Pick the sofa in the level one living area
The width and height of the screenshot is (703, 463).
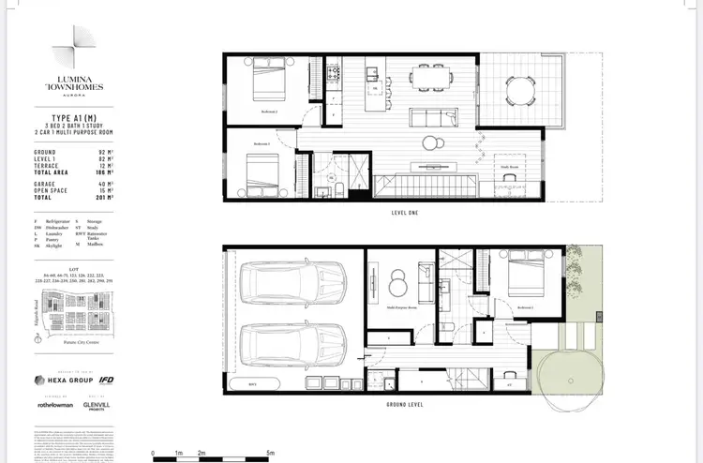pyautogui.click(x=433, y=119)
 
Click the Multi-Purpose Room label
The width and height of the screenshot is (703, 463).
pyautogui.click(x=402, y=306)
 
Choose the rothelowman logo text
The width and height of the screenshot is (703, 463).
pyautogui.click(x=57, y=406)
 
